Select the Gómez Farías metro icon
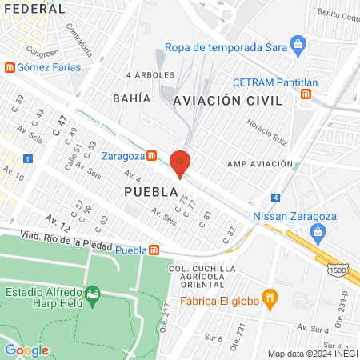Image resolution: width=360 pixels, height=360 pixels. [10, 67]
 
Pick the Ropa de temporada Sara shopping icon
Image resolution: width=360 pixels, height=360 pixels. [298, 42]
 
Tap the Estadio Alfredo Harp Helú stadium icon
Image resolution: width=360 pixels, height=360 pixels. [94, 298]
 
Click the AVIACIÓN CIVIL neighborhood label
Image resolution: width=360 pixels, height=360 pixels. [227, 101]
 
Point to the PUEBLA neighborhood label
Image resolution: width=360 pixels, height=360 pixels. [150, 192]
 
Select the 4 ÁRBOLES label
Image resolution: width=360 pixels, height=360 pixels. [150, 74]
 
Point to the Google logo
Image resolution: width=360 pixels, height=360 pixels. [26, 350]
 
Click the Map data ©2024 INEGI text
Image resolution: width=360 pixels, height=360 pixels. [311, 354]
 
